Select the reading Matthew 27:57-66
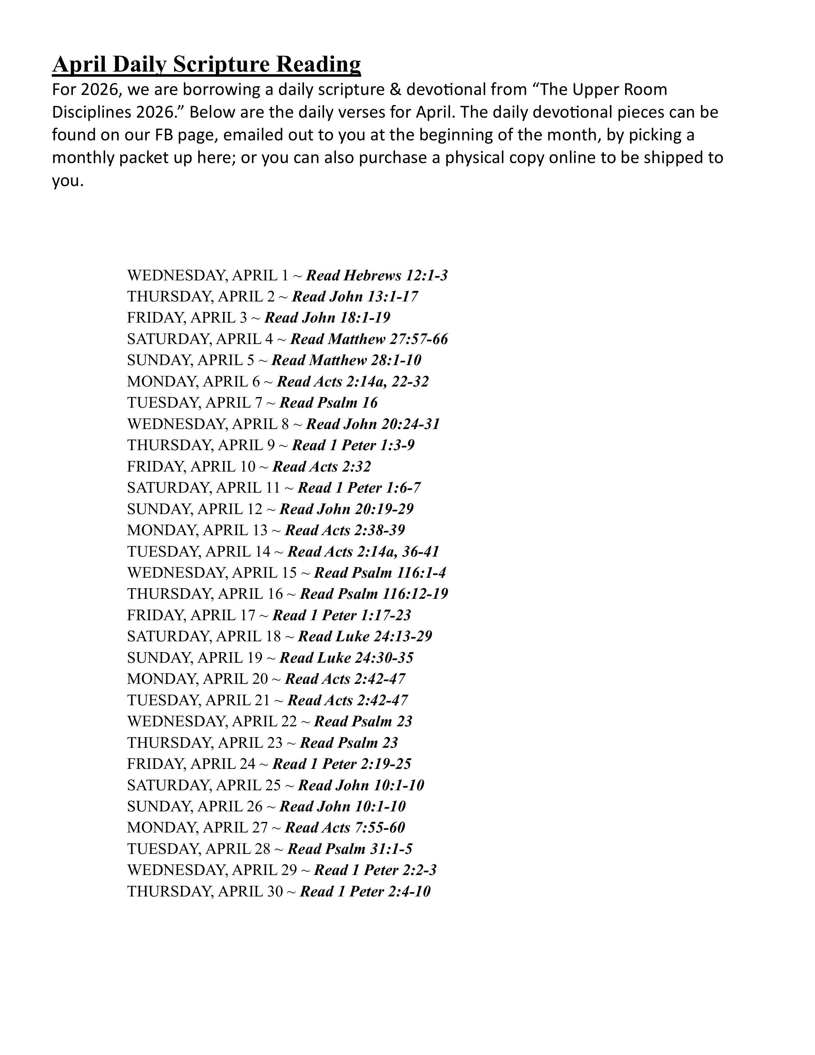[x=369, y=339]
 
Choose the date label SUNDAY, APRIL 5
[x=190, y=360]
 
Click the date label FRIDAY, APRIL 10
[x=191, y=467]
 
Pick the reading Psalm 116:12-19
[x=374, y=594]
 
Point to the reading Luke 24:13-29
[x=365, y=636]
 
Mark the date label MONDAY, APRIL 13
[x=197, y=530]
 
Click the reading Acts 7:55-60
[x=345, y=827]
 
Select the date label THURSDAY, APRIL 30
[x=205, y=891]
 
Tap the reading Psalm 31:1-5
[x=350, y=849]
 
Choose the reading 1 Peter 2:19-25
[x=342, y=764]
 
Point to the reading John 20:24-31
[x=373, y=424]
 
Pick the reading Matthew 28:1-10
[x=346, y=360]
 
